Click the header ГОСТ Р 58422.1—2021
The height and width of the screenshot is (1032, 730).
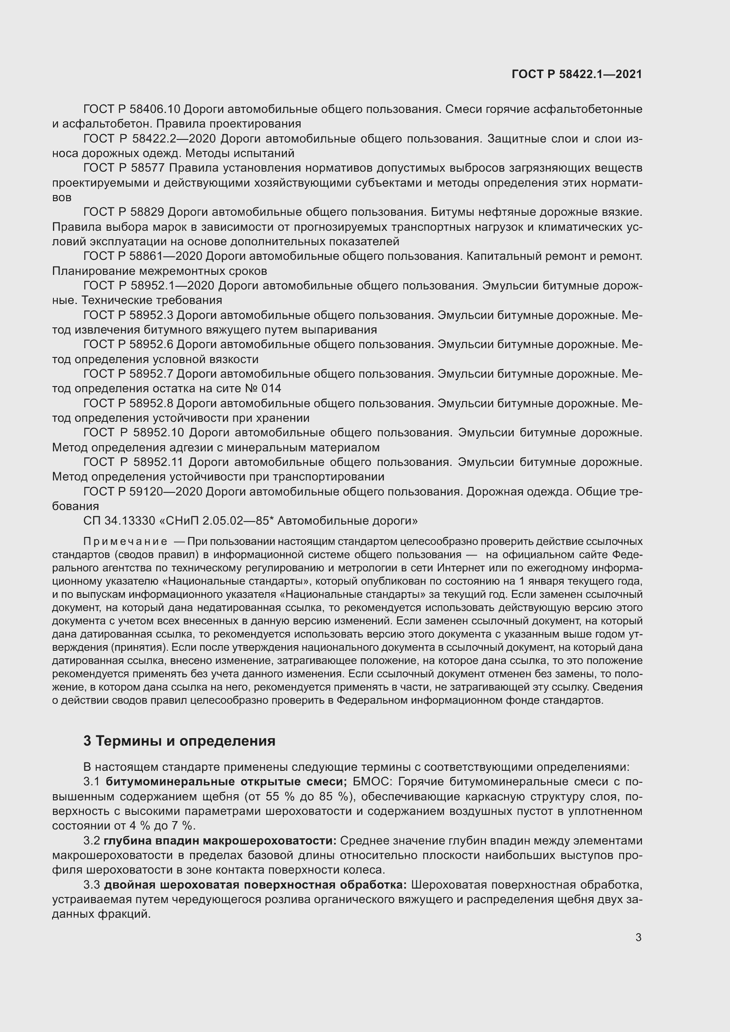pos(577,74)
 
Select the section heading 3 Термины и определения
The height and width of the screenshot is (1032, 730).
pos(179,741)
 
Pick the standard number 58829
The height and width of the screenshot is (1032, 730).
pos(147,212)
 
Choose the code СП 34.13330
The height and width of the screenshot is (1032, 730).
pos(119,521)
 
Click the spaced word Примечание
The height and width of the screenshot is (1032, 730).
pos(125,541)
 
